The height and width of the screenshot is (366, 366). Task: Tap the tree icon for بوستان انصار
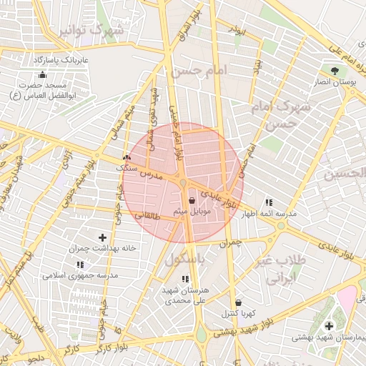point(334,70)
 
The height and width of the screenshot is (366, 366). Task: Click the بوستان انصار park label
point(335,84)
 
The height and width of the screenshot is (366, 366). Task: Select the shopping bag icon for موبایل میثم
point(193,201)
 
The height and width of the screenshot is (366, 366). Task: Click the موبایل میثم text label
point(189,212)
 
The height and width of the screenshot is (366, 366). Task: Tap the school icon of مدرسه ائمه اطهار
point(268,202)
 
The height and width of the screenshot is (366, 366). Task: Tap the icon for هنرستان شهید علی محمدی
point(184,279)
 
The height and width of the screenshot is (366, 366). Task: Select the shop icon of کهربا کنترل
point(237,302)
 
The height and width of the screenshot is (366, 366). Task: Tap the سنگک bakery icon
point(127,156)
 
